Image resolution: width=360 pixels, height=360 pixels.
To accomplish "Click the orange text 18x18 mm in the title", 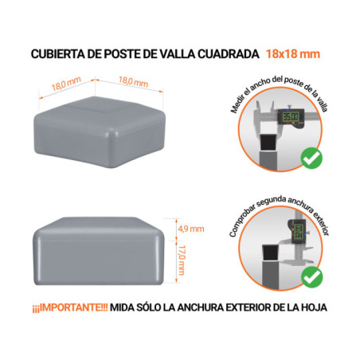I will point(294,54).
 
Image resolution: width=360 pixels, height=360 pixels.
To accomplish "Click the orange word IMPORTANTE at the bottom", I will point(76,307).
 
